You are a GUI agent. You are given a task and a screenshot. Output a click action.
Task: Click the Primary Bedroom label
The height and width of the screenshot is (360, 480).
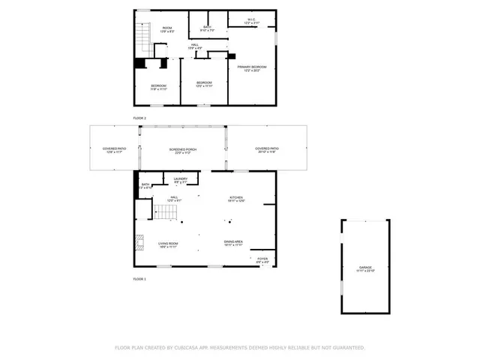click(x=252, y=68)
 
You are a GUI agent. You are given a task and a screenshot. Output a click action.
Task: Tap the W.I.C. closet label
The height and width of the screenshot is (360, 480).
click(x=251, y=22)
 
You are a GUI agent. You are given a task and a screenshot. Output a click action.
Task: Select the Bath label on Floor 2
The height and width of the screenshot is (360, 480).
click(x=207, y=28)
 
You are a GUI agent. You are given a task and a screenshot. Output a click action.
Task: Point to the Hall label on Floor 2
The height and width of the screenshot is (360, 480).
click(x=194, y=47)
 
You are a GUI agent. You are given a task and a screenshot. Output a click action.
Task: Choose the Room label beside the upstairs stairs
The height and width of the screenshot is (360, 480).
click(x=167, y=29)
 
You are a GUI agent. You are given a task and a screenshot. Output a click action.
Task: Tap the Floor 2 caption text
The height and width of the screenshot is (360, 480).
click(x=139, y=118)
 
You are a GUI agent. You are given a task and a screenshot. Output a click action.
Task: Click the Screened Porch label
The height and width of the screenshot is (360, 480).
click(x=182, y=150)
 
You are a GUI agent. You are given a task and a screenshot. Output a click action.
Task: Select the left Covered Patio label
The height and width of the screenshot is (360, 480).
click(x=114, y=150)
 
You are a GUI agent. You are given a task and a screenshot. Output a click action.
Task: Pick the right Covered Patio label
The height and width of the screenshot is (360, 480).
click(x=267, y=150)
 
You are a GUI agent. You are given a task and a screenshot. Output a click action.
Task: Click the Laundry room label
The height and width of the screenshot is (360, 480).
click(x=181, y=179)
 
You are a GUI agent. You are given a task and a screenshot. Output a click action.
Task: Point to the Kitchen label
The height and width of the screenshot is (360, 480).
click(x=237, y=199)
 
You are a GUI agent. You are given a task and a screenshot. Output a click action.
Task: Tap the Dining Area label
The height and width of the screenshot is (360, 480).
click(x=233, y=243)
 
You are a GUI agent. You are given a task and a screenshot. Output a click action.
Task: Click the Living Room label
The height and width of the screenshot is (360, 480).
click(x=167, y=244)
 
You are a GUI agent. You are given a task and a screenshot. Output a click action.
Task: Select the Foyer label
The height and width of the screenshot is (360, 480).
click(x=262, y=260)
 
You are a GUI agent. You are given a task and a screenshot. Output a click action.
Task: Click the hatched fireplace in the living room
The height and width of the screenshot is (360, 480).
click(x=139, y=242)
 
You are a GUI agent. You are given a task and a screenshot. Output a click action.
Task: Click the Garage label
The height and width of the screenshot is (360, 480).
click(x=365, y=269)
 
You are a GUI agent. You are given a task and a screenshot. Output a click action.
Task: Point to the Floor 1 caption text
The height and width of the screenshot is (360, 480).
click(x=139, y=278)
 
